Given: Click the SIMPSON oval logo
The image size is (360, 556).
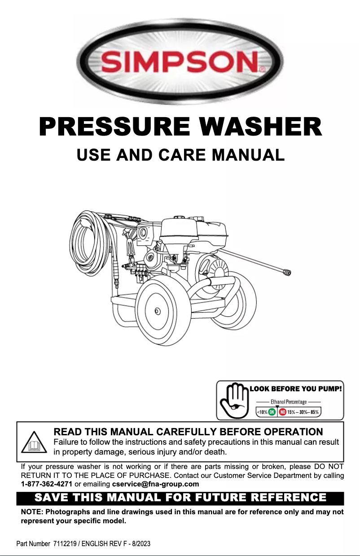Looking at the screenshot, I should (x=180, y=61).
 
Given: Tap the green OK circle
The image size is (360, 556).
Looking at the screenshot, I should (x=272, y=412).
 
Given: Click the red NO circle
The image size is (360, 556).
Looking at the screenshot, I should (x=283, y=412).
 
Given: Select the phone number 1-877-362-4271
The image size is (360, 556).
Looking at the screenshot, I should (x=47, y=484).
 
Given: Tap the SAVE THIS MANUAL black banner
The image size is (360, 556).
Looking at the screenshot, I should (x=180, y=498).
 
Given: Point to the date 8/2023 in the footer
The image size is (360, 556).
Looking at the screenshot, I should (x=140, y=544).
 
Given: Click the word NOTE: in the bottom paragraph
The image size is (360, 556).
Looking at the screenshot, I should (x=32, y=512).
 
